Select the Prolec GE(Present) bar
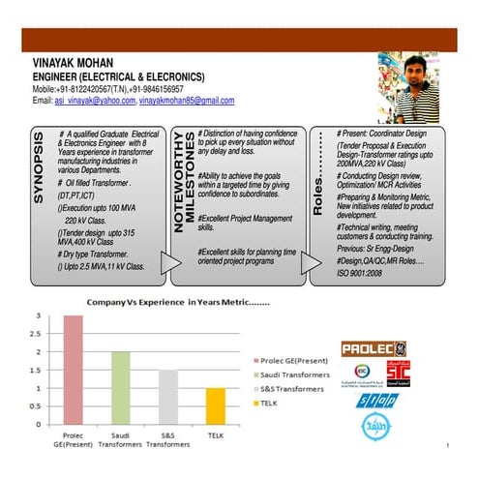[x=74, y=370]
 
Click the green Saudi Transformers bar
[x=120, y=387]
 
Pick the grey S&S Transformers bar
[x=168, y=397]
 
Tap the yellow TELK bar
[x=216, y=405]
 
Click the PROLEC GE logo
[x=374, y=349]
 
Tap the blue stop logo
[x=376, y=402]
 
